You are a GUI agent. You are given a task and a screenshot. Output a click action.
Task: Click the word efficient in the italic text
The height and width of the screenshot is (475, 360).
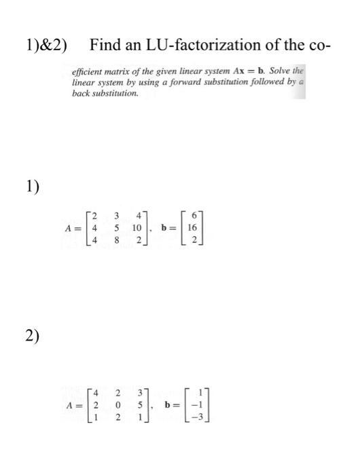pyautogui.click(x=90, y=71)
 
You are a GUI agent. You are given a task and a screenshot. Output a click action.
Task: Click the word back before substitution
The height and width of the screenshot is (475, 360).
pyautogui.click(x=82, y=94)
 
